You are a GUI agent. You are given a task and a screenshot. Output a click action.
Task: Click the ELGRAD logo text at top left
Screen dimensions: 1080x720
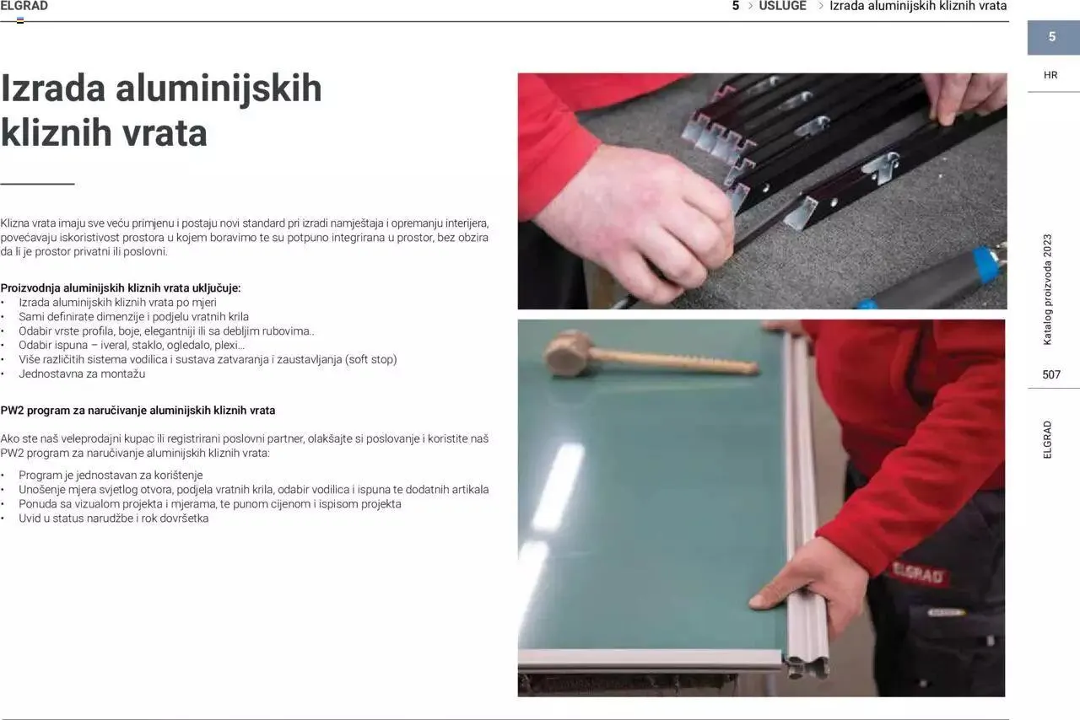[24, 6]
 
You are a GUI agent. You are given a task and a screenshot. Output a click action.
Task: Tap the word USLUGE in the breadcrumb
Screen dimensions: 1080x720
[782, 6]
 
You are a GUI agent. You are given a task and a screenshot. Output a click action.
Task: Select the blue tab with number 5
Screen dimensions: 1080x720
[1053, 37]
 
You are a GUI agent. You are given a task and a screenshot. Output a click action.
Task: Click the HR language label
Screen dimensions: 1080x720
[1050, 75]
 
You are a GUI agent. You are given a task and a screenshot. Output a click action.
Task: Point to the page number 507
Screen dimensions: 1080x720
[1051, 374]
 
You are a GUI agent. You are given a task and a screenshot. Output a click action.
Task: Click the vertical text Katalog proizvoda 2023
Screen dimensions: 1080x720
[1047, 290]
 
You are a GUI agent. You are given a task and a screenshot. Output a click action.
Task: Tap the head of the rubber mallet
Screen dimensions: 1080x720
[567, 353]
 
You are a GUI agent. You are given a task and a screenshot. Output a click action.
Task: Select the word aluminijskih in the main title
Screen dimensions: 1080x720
[219, 89]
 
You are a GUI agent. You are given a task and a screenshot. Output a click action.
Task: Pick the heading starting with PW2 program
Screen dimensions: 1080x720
[138, 411]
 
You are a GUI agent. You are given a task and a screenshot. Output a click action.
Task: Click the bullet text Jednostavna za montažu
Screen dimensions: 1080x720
[82, 374]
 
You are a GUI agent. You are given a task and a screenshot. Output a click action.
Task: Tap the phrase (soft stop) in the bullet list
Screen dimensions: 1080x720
[370, 359]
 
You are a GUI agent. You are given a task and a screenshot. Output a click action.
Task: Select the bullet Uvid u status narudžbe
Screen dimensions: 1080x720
[114, 519]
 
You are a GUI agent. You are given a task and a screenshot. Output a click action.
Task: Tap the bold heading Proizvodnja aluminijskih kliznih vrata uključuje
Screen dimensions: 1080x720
[121, 288]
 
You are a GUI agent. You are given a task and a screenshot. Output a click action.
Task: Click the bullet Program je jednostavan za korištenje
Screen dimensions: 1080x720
[111, 476]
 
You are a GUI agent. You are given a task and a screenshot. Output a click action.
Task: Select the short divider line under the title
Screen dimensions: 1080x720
[37, 184]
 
